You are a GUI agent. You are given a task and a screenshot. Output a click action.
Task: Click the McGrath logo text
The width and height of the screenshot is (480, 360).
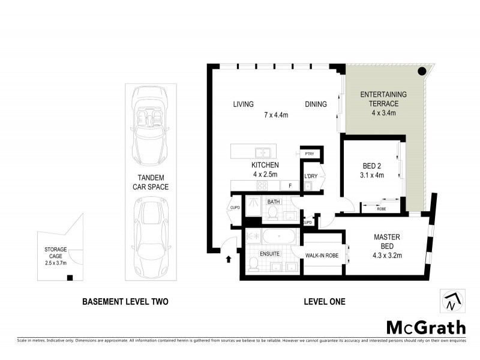(425, 327)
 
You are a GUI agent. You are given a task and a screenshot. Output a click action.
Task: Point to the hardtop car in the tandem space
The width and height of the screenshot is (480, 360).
(150, 236)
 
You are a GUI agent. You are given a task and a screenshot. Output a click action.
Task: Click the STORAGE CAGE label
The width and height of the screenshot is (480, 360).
(55, 249)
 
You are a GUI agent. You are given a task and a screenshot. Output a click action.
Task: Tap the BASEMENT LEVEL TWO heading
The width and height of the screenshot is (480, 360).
(125, 302)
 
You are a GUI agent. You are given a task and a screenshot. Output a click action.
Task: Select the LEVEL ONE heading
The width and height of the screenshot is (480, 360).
(325, 302)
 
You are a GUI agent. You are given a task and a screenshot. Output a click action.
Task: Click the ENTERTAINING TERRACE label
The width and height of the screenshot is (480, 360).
(383, 99)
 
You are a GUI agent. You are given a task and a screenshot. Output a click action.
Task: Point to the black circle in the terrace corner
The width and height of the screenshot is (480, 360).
(422, 71)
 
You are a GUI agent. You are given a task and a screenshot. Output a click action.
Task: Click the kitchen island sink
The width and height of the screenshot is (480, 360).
(262, 152)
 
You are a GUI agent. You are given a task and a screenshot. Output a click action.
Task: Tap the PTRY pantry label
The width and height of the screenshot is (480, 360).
(310, 154)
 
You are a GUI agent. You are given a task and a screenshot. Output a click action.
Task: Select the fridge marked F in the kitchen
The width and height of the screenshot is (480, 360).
(290, 186)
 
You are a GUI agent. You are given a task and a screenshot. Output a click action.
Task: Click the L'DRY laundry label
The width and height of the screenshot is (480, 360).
(310, 176)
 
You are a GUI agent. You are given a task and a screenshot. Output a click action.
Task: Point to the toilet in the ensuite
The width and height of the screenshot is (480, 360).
(253, 263)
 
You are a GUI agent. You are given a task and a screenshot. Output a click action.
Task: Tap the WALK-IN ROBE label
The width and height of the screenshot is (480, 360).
(323, 256)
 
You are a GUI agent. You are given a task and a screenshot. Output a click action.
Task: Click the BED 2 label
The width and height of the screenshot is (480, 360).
(372, 166)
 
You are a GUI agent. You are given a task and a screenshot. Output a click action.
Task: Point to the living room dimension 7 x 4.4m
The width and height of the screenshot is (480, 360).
(276, 115)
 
